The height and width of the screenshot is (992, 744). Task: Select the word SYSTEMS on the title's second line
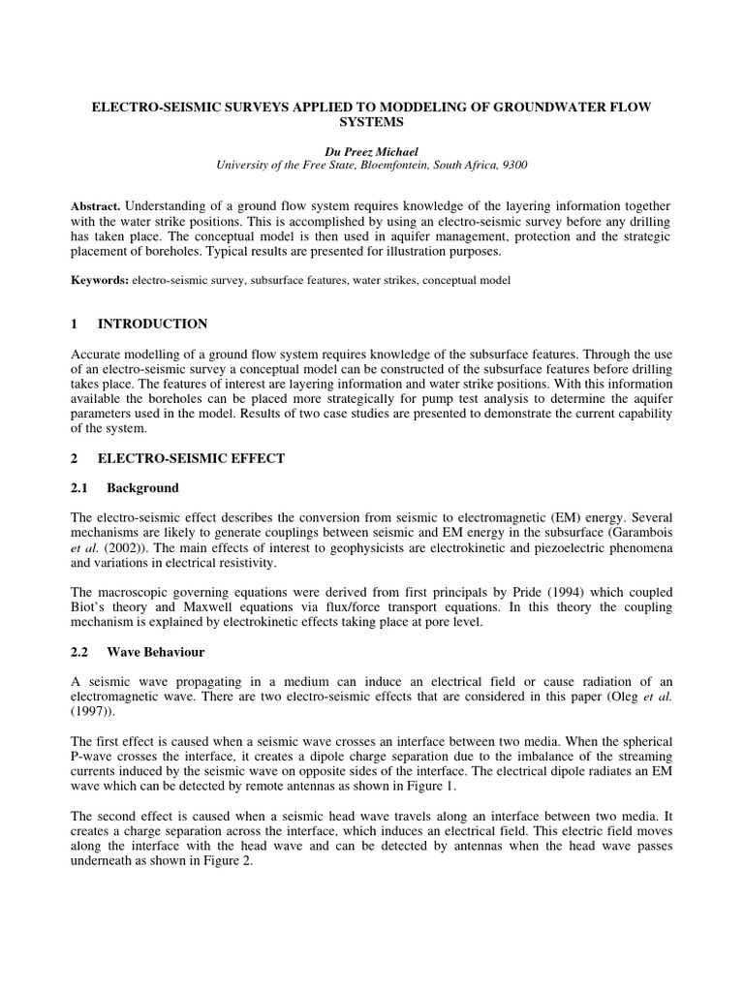(x=371, y=123)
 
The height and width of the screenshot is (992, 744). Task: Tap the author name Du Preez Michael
(x=371, y=151)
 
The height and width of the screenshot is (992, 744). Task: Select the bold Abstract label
(x=95, y=208)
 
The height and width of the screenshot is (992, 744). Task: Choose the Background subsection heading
(x=142, y=487)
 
